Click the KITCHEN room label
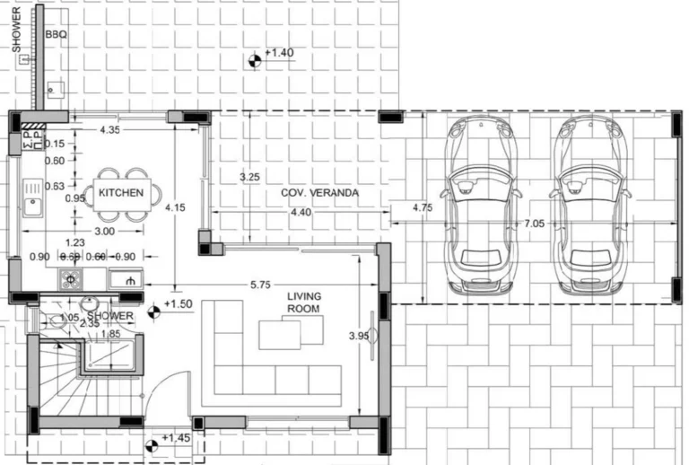(x=121, y=193)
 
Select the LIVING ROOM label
(x=303, y=303)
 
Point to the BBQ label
(x=56, y=35)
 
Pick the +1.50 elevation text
(x=179, y=304)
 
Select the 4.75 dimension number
(x=422, y=207)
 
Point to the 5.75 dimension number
(x=261, y=285)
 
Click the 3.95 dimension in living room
(x=359, y=337)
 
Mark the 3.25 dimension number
(x=250, y=177)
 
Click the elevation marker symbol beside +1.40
(x=254, y=60)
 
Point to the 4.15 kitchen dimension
(x=176, y=208)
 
